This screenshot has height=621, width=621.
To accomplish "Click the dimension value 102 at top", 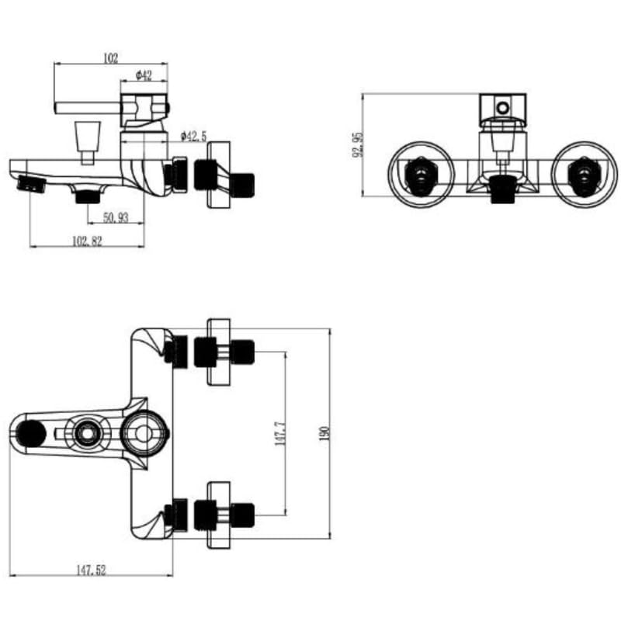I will click(x=109, y=58).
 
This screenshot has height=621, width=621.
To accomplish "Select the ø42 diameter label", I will click(x=143, y=75).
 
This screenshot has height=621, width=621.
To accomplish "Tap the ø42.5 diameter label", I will click(x=193, y=136).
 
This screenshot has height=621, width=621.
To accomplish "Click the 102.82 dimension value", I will click(x=87, y=241).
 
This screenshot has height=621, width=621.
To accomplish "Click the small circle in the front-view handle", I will click(x=503, y=106).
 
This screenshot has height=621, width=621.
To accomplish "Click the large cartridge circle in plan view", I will click(x=142, y=432).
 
